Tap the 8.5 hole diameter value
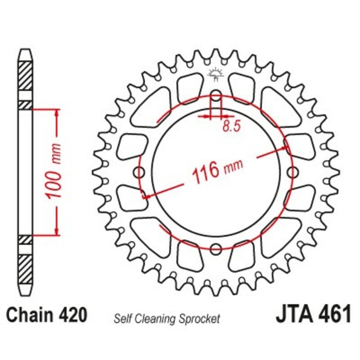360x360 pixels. coord(230,127)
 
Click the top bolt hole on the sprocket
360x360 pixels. coord(216,95)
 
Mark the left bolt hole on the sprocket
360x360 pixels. coord(139,172)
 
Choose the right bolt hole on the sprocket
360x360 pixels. coord(293,172)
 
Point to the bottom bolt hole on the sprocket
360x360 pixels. coord(216,248)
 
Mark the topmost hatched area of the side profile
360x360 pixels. coord(26,74)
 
